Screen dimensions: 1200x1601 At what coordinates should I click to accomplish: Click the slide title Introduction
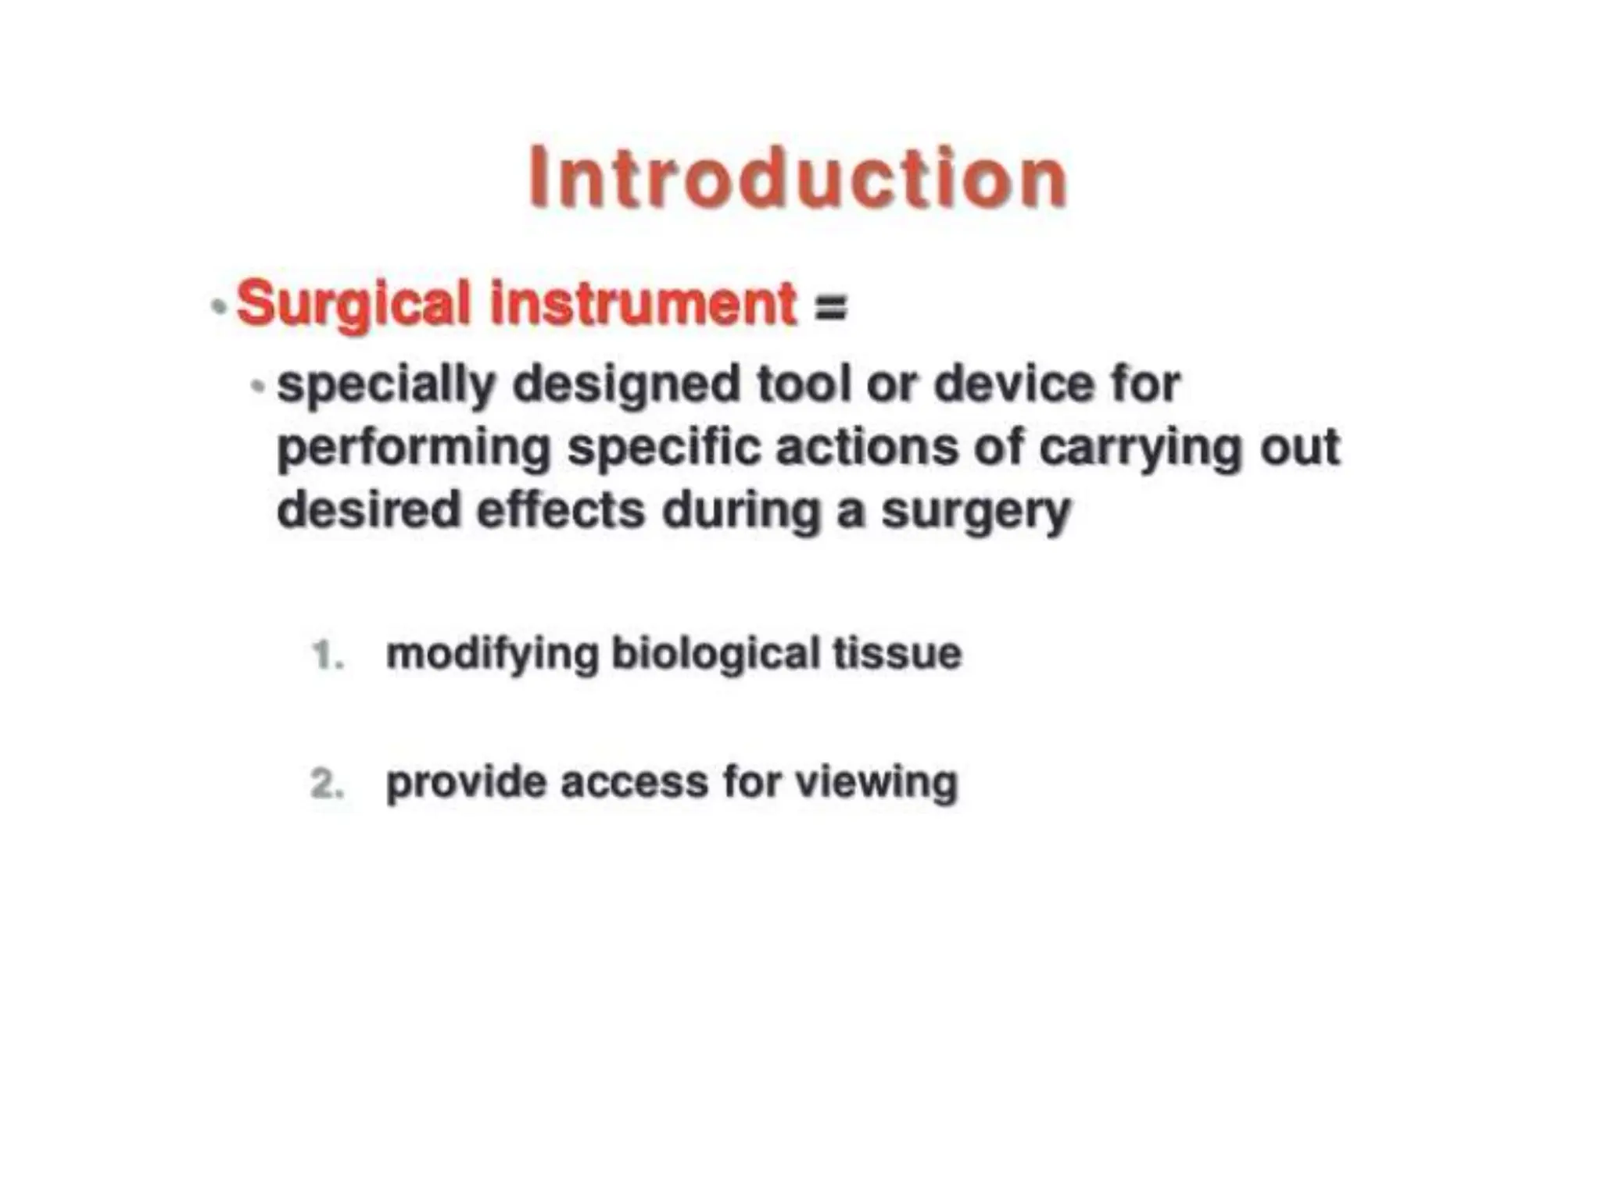[x=797, y=178]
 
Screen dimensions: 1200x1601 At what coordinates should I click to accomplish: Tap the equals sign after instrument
[x=830, y=306]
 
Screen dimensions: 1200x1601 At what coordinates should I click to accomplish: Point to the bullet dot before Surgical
[x=219, y=306]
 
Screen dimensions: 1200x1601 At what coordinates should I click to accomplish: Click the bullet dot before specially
[x=258, y=385]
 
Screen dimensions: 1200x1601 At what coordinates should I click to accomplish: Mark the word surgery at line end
[x=976, y=512]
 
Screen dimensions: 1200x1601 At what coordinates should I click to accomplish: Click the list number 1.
[x=327, y=655]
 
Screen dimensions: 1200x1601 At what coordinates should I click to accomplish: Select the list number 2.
[x=327, y=784]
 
